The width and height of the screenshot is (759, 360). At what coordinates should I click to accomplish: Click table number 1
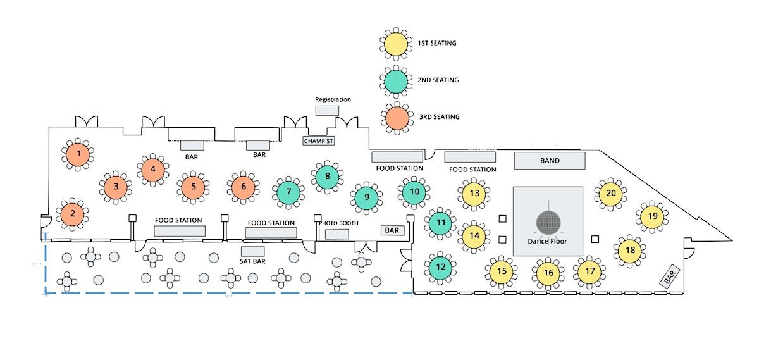[78, 153]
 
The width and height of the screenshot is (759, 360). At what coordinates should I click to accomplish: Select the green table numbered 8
[327, 177]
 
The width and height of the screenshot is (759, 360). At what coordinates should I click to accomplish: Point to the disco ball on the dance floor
[548, 222]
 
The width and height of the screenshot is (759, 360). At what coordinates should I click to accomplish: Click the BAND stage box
[549, 161]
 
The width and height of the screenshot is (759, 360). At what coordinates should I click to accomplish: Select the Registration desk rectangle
[327, 110]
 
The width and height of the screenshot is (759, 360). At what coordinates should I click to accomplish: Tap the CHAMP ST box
[318, 140]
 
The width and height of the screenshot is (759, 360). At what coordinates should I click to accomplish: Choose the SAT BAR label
[252, 261]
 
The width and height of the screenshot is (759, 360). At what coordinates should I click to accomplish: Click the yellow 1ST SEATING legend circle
[397, 44]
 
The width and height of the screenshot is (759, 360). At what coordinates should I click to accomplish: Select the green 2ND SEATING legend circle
[397, 80]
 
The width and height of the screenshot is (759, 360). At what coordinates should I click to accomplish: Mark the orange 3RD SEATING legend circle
[397, 117]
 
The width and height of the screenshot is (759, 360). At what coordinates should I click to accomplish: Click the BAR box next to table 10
[392, 230]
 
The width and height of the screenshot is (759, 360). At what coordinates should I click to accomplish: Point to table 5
[193, 187]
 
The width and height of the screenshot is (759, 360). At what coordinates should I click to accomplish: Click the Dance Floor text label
[548, 242]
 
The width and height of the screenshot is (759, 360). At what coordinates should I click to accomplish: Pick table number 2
[73, 214]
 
